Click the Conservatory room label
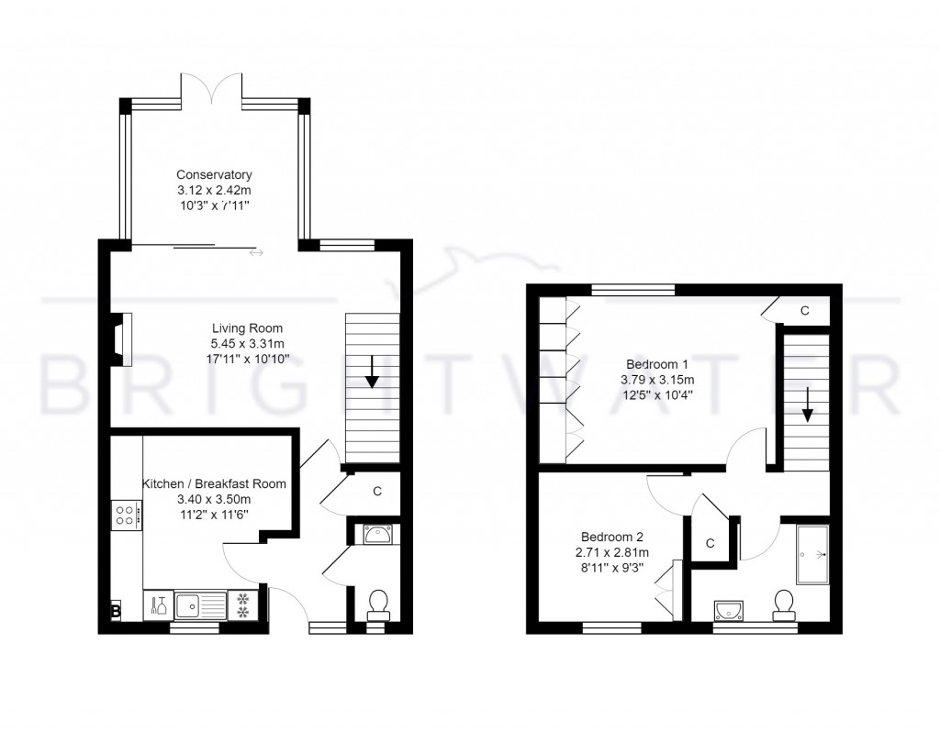[x=214, y=174]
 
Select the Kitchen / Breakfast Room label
[x=214, y=483]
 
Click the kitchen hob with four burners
[x=126, y=515]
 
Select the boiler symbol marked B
[x=116, y=609]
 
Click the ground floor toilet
[x=377, y=604]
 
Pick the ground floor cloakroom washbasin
[x=377, y=533]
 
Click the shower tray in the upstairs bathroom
[x=812, y=555]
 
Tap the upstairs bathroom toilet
[x=783, y=604]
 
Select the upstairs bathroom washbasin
[x=731, y=610]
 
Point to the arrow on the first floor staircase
[x=807, y=404]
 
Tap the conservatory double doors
[x=212, y=89]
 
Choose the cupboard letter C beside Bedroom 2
[x=710, y=543]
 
